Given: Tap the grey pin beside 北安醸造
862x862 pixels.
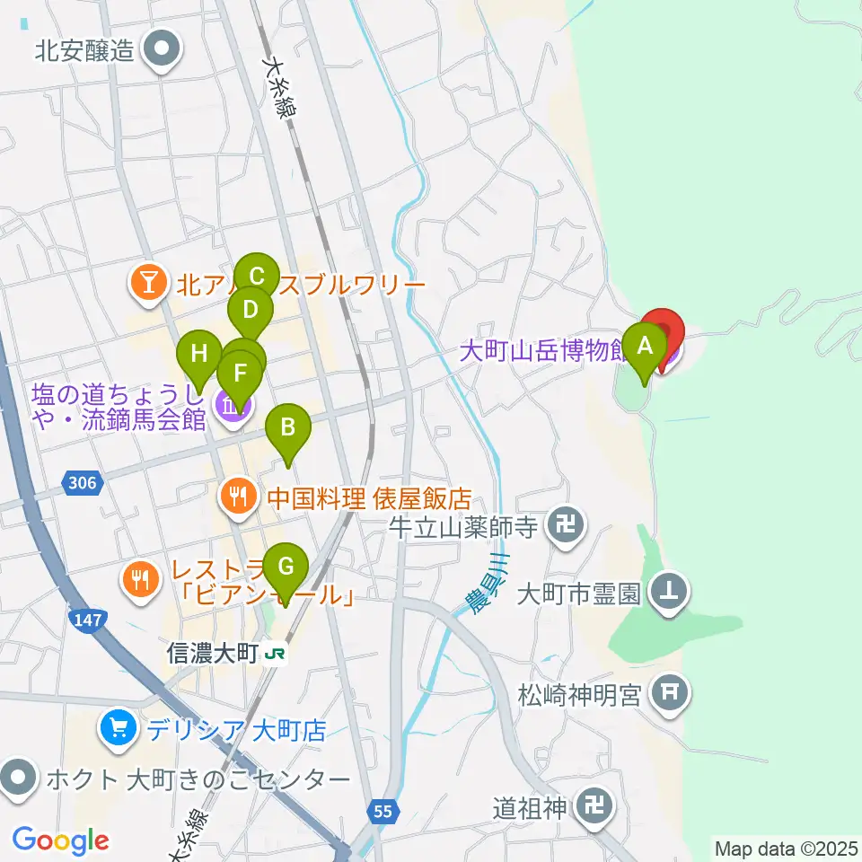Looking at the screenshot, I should tap(163, 51).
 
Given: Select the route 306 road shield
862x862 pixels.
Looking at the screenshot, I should tap(82, 484).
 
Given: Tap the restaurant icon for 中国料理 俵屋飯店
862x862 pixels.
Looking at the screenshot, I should tap(239, 497).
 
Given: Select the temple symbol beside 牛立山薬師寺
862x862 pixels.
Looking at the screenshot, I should tap(565, 523).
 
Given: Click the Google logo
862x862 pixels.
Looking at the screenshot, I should tap(60, 841).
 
